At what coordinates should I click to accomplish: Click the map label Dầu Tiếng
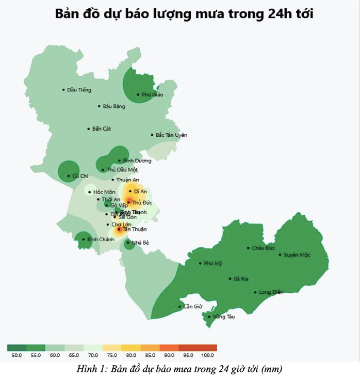79,90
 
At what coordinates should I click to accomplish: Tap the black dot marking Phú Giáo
138,94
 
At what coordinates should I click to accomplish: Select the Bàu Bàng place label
113,106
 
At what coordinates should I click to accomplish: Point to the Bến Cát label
102,129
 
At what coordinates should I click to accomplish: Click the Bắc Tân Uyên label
171,135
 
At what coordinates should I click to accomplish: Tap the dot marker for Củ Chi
69,176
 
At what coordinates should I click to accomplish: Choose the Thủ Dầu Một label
122,170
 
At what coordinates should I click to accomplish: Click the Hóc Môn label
104,192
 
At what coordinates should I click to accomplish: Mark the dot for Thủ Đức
129,202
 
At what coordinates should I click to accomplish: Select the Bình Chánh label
101,240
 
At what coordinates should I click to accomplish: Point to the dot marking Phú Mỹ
200,263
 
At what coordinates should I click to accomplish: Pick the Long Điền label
271,292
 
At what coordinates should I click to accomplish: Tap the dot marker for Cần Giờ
180,307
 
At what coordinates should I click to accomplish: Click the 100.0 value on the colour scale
207,355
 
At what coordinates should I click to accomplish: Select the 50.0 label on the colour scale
17,355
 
